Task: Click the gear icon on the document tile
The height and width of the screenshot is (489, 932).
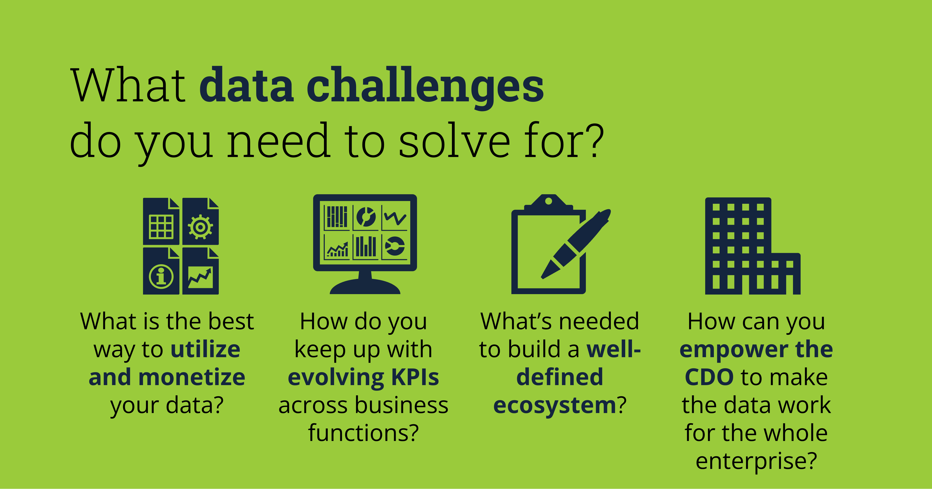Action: coord(200,227)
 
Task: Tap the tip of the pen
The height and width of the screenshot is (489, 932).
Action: coord(543,277)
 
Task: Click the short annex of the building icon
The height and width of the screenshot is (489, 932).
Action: coord(786,273)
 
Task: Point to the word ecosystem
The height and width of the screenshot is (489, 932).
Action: coord(555,405)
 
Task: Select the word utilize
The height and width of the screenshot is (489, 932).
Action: coord(205,349)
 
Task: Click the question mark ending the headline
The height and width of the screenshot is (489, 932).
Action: coord(595,140)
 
